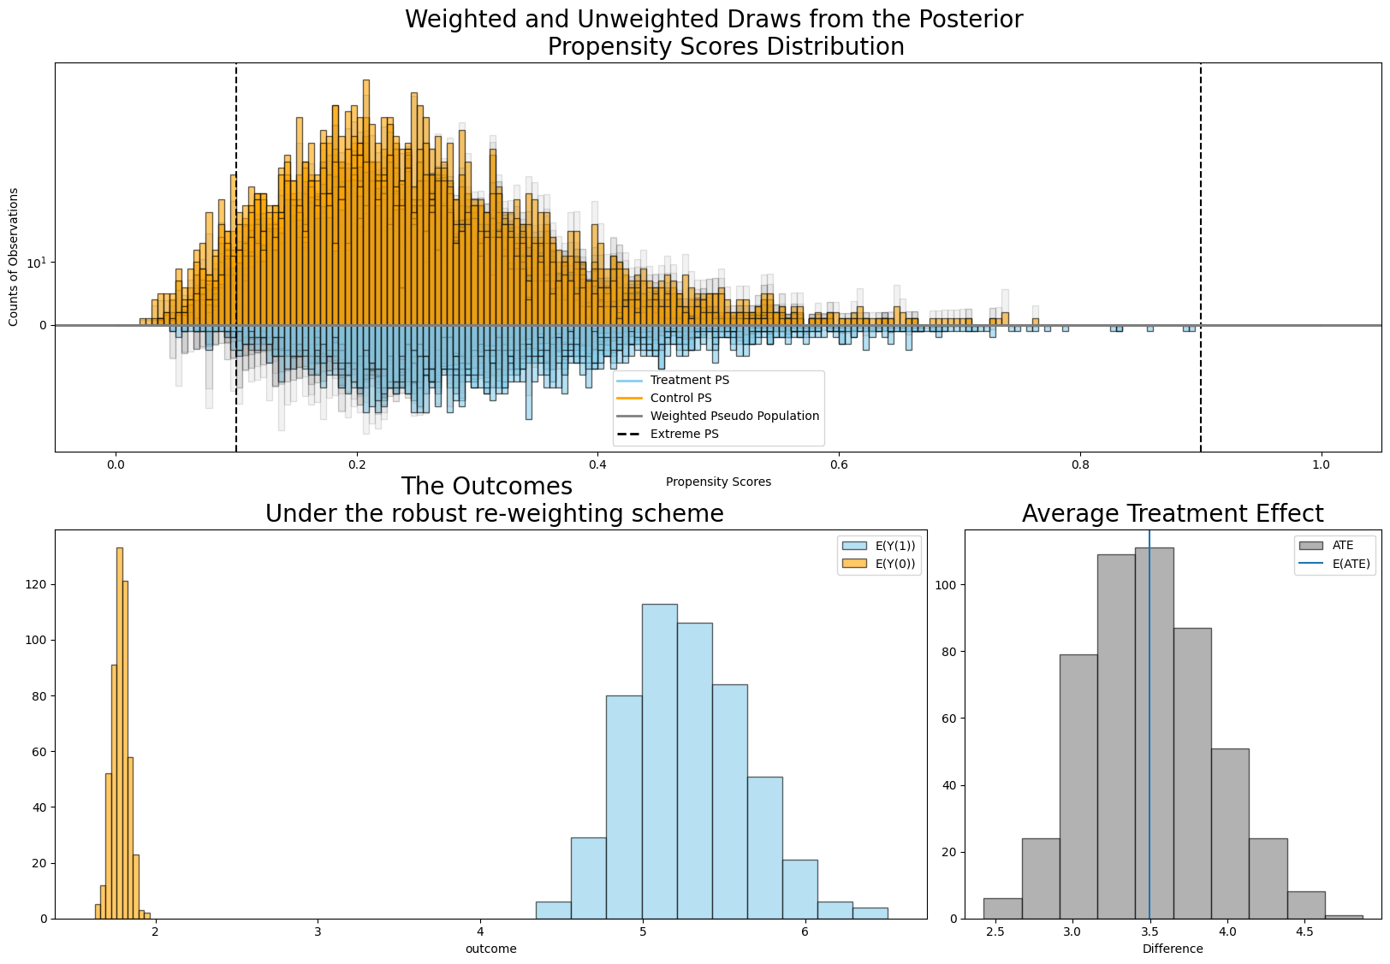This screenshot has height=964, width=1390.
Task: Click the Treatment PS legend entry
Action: coord(674,380)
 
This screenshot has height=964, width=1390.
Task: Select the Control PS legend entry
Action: coord(664,398)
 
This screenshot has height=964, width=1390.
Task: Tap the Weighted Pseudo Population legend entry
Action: coord(718,416)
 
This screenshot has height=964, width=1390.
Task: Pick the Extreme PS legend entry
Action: coord(668,434)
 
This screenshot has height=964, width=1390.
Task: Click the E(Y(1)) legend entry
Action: coord(878,546)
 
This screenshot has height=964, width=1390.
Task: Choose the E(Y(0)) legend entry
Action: coord(878,564)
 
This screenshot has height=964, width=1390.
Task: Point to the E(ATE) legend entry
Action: coord(1334,564)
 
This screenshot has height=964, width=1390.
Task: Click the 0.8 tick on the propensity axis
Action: coord(1080,464)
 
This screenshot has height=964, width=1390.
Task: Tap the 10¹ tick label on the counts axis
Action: coord(37,263)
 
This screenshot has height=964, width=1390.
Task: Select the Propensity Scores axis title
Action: coord(718,482)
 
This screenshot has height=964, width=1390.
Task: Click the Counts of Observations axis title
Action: coord(13,257)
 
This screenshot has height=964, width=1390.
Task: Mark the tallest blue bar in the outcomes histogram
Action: coord(660,761)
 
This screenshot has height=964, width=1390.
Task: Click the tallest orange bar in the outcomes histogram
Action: coord(120,732)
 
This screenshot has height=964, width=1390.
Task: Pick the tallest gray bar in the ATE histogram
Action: coord(1154,732)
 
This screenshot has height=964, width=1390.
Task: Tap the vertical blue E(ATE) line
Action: coord(1149,724)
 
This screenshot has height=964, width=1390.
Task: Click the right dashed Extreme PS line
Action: coord(1201,257)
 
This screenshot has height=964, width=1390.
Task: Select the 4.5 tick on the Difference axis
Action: coord(1304,931)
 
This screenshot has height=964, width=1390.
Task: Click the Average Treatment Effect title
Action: coord(1173,513)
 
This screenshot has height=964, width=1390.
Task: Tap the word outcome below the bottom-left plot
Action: coord(490,949)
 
